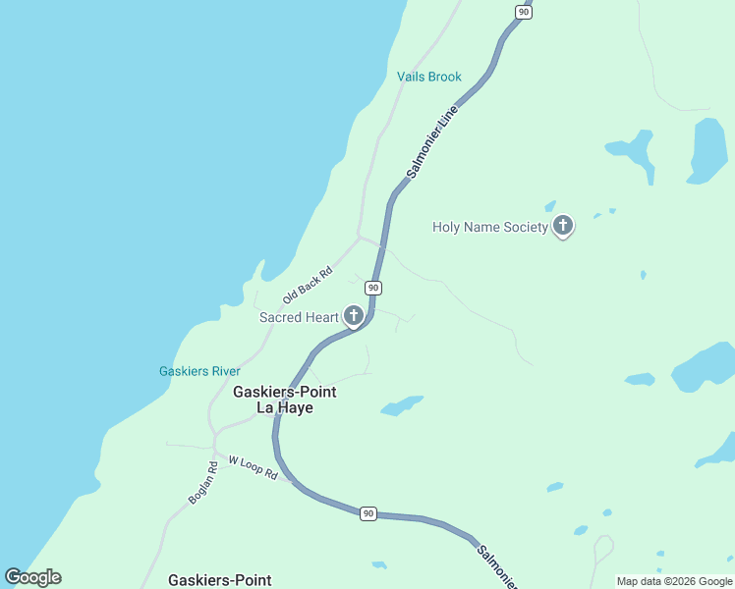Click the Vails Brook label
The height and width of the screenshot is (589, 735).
coord(428,77)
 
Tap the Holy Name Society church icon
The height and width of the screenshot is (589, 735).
coord(563,227)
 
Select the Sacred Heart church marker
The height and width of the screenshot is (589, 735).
coord(353,316)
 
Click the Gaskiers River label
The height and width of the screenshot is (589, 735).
coord(199,371)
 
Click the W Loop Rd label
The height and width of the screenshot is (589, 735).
coord(253,466)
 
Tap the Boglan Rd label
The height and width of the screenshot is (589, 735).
coord(202,483)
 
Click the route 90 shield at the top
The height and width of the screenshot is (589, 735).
coord(523,11)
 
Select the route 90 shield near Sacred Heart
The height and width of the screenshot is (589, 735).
coord(372,288)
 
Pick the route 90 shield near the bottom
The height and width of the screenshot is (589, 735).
coord(367,513)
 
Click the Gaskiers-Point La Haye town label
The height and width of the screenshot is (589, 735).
coord(284,400)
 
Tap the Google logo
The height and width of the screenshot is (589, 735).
coord(32,577)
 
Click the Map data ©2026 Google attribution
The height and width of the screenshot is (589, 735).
coord(674,581)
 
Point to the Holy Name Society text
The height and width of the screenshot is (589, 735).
coord(489,228)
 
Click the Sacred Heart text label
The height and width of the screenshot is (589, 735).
coord(299,317)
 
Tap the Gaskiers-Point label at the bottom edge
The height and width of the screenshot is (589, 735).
coord(219,580)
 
